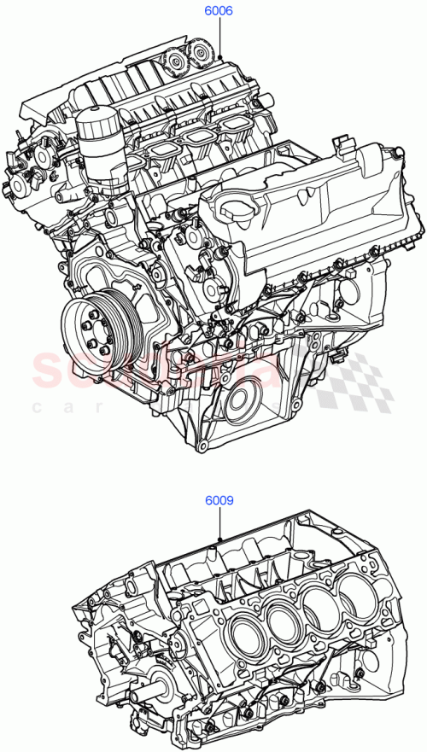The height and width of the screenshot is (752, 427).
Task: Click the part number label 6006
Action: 219,12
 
